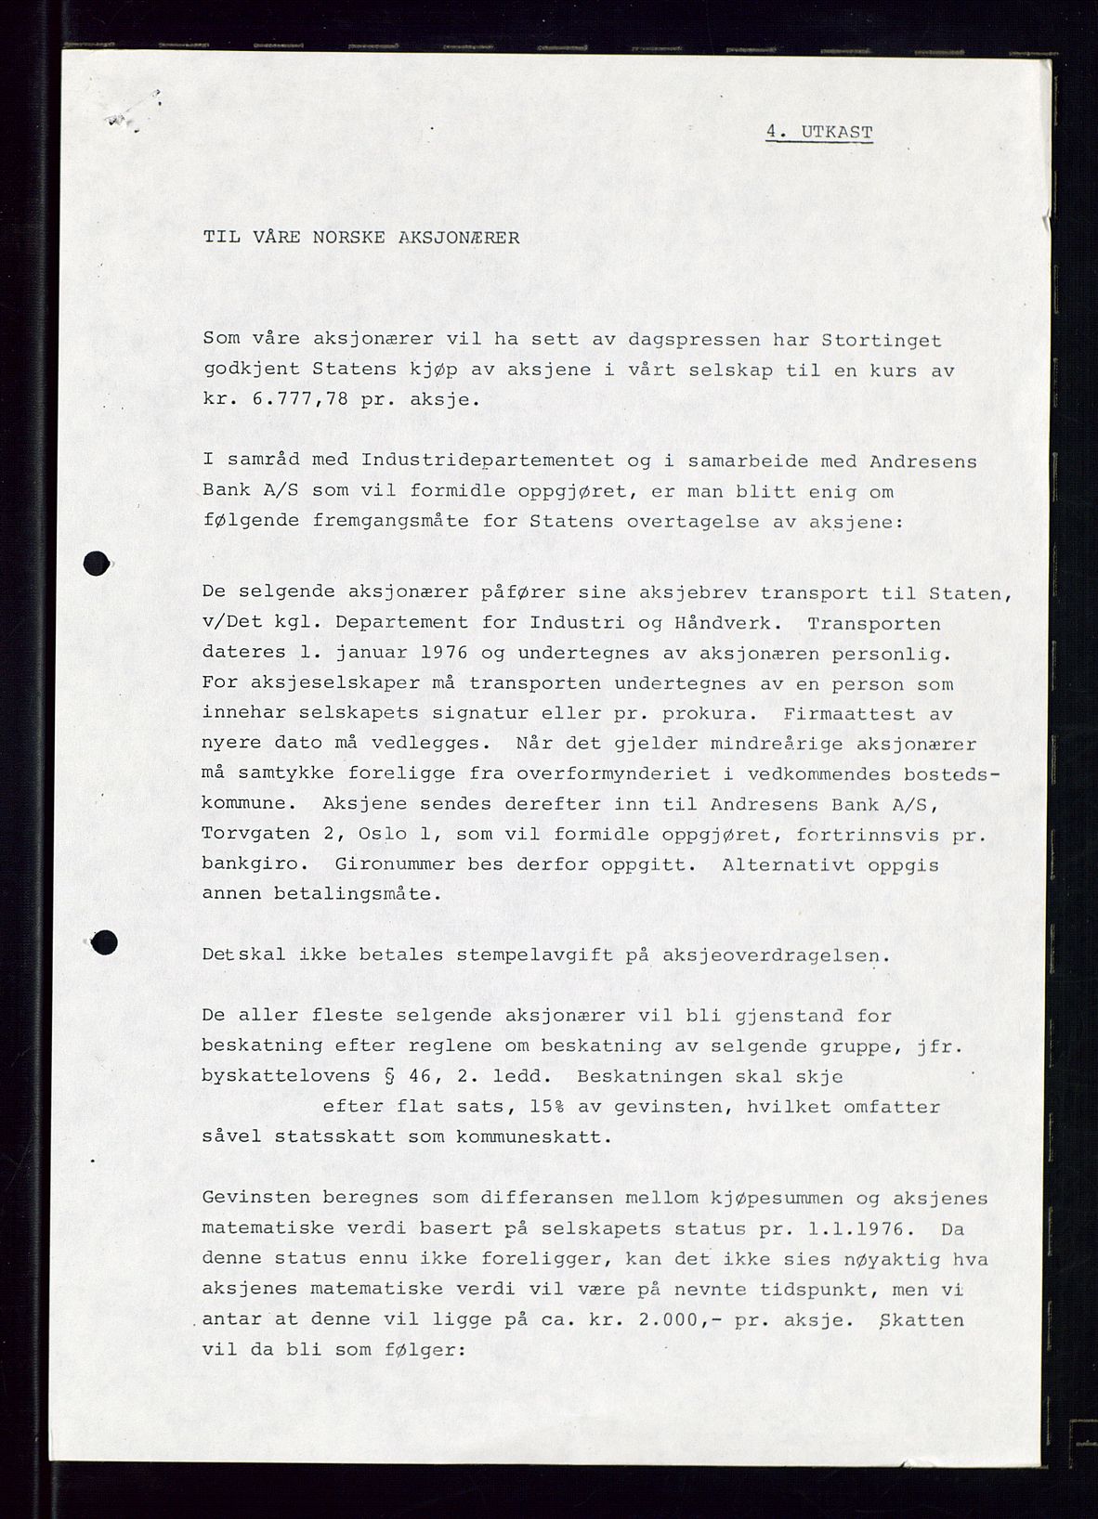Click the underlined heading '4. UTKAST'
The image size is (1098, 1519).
(x=818, y=133)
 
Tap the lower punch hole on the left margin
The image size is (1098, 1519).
(x=105, y=942)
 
